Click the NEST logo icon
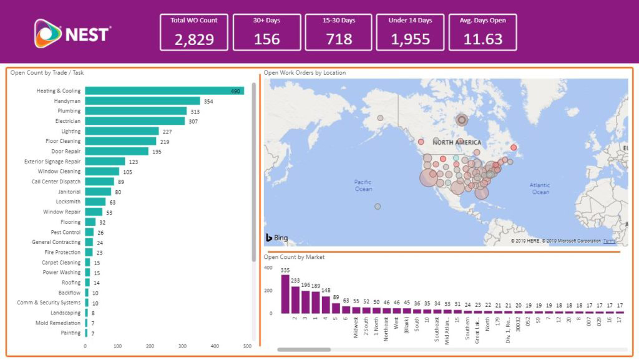click(x=47, y=33)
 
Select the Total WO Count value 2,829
click(x=194, y=39)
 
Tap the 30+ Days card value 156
click(x=266, y=39)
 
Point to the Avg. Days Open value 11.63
click(x=482, y=39)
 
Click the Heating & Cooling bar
click(x=164, y=91)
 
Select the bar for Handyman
click(x=142, y=101)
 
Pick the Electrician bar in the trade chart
click(x=135, y=121)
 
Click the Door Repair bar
click(x=117, y=152)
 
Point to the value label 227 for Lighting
click(x=167, y=132)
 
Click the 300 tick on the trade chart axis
click(x=182, y=346)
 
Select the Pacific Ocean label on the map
click(x=363, y=185)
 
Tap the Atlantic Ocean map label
click(x=540, y=188)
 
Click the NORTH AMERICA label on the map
click(x=457, y=143)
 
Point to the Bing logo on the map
click(x=277, y=238)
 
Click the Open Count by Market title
click(x=294, y=257)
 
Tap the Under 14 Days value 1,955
click(x=410, y=39)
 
